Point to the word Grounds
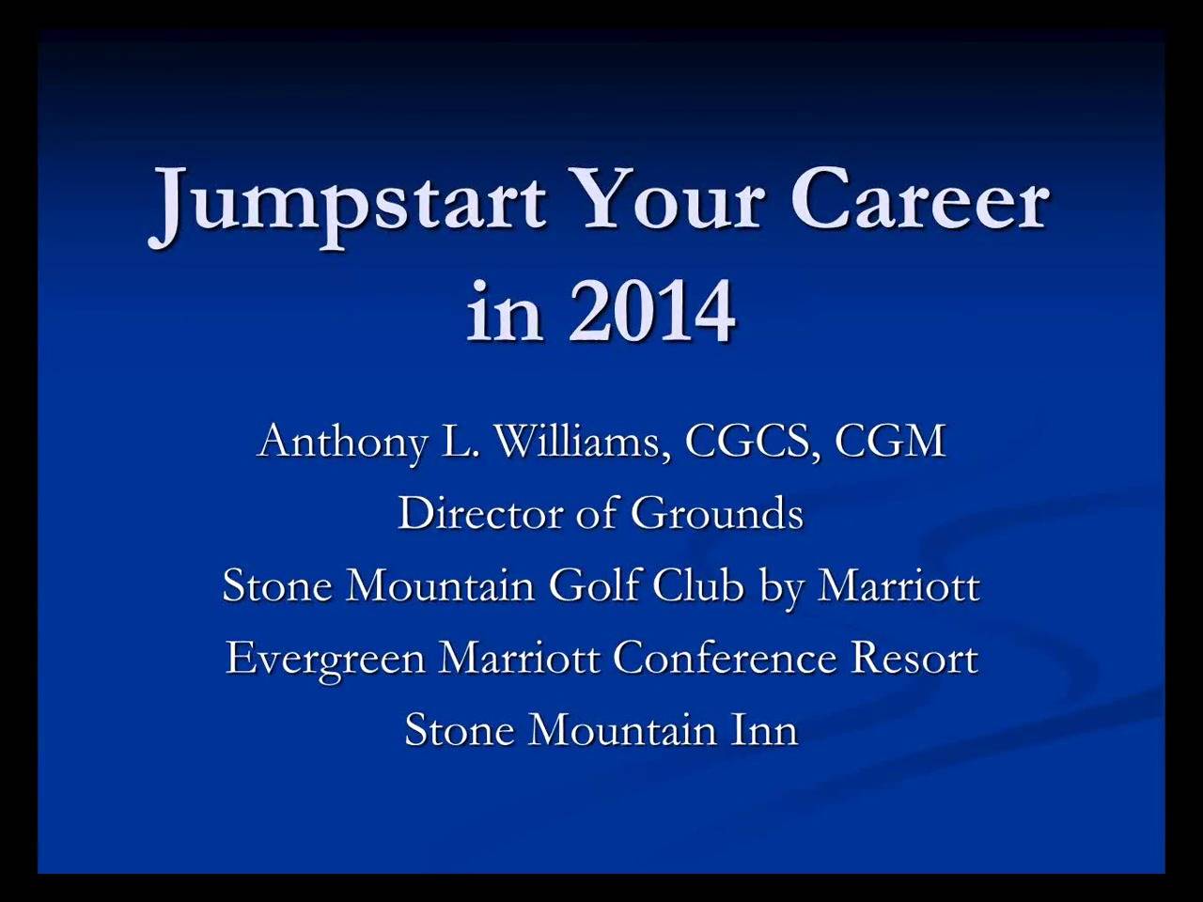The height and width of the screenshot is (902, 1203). [717, 514]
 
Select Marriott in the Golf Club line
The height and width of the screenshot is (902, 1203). [898, 586]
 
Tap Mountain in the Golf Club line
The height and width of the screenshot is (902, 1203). [440, 586]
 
